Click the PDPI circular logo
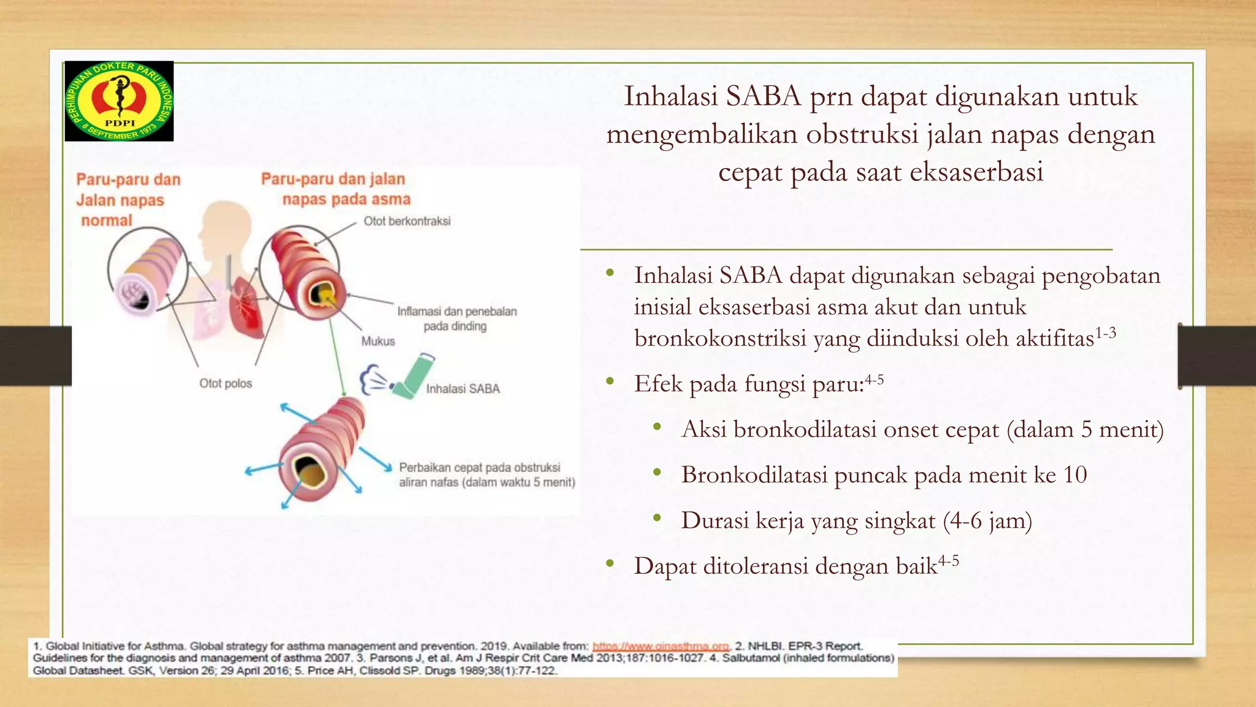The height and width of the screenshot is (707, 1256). click(119, 101)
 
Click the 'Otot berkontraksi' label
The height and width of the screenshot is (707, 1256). click(407, 221)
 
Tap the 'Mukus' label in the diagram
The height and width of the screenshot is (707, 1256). click(378, 341)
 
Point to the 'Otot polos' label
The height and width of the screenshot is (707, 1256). click(225, 384)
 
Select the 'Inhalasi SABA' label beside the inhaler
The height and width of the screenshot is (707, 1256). click(463, 388)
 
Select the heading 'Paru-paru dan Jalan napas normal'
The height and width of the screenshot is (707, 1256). click(128, 200)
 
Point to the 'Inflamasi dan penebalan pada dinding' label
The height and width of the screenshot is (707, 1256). click(456, 319)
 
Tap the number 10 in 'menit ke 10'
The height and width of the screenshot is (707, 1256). click(1074, 474)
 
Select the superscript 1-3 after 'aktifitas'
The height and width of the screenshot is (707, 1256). click(1105, 333)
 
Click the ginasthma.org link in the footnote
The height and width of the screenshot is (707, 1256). click(661, 646)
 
